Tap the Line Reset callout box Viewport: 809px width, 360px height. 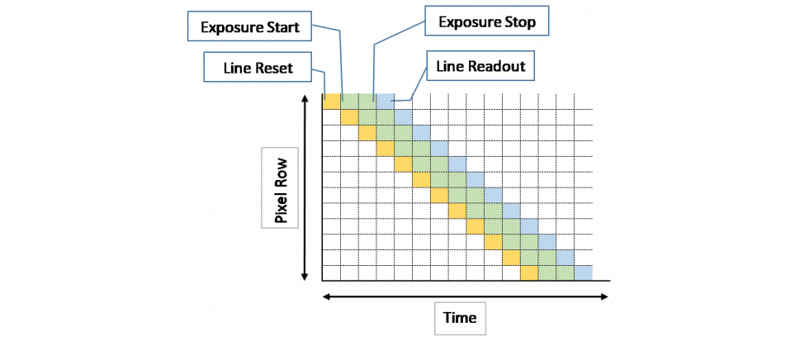click(x=258, y=68)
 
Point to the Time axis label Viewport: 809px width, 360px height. click(x=460, y=317)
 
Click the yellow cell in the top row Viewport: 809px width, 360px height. click(x=331, y=101)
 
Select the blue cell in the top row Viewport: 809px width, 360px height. click(x=385, y=101)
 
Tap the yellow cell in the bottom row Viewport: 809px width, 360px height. click(x=528, y=272)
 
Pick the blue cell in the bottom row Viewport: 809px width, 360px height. click(x=583, y=272)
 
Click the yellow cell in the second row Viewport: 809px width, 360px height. click(x=349, y=116)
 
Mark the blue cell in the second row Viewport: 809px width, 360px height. click(x=403, y=116)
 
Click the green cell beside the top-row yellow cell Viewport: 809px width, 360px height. click(x=349, y=101)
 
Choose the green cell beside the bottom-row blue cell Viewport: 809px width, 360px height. click(x=565, y=272)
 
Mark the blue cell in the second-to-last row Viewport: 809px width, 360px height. click(x=565, y=257)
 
